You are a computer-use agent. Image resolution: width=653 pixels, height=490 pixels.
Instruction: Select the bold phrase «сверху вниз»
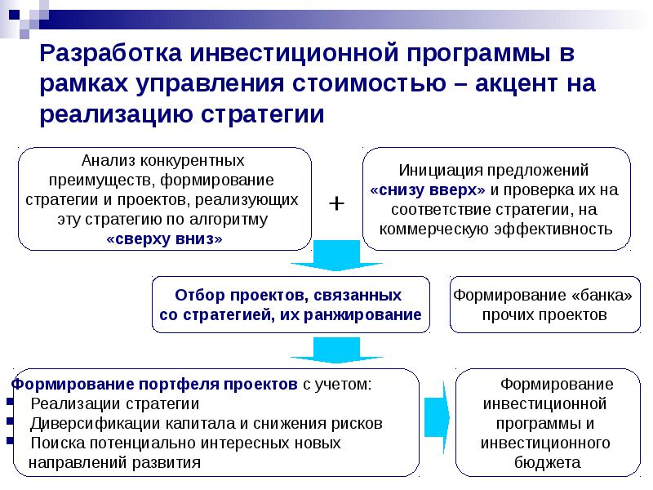[164, 238]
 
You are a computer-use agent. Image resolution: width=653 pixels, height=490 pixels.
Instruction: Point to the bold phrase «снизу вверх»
[428, 189]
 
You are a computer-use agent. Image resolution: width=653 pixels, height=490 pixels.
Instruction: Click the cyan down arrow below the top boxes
[336, 256]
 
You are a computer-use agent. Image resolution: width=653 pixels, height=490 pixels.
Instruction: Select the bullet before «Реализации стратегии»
[9, 403]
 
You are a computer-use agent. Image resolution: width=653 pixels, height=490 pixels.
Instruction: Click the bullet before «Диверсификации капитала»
[9, 423]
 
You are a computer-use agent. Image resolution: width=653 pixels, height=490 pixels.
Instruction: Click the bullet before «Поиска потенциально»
[9, 443]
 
